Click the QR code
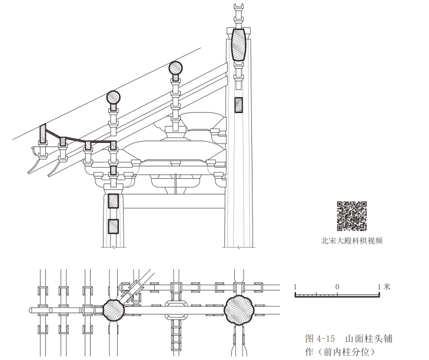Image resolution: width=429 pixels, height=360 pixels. click(x=352, y=215)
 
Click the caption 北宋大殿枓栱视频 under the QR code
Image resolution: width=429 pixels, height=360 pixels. click(x=352, y=240)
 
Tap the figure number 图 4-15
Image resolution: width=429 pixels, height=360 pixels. click(x=321, y=339)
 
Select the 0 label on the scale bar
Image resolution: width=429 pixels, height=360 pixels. click(x=337, y=286)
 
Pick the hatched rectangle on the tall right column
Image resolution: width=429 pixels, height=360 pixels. click(x=238, y=105)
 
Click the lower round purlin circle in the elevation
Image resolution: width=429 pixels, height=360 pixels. click(x=113, y=98)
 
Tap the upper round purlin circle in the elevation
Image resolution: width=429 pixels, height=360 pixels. click(x=176, y=68)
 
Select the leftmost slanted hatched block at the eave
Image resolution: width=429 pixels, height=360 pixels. click(x=43, y=134)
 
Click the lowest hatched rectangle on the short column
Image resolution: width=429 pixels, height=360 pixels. click(x=113, y=226)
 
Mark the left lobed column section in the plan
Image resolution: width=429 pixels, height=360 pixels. click(x=114, y=309)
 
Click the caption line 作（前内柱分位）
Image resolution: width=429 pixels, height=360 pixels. click(x=340, y=352)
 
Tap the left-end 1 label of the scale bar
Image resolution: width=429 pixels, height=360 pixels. click(x=295, y=286)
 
